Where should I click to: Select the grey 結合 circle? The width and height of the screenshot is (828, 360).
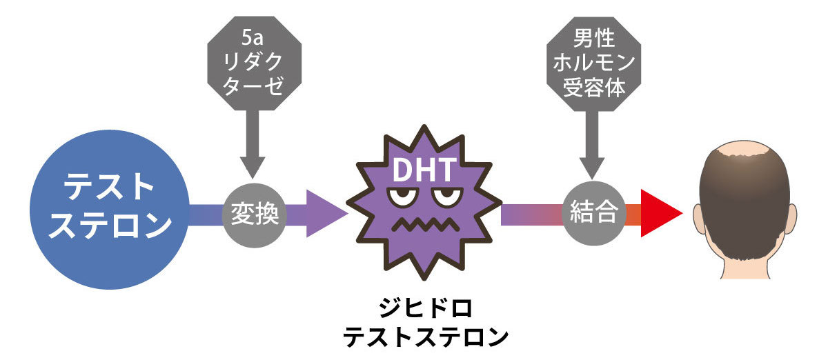(x=594, y=213)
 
